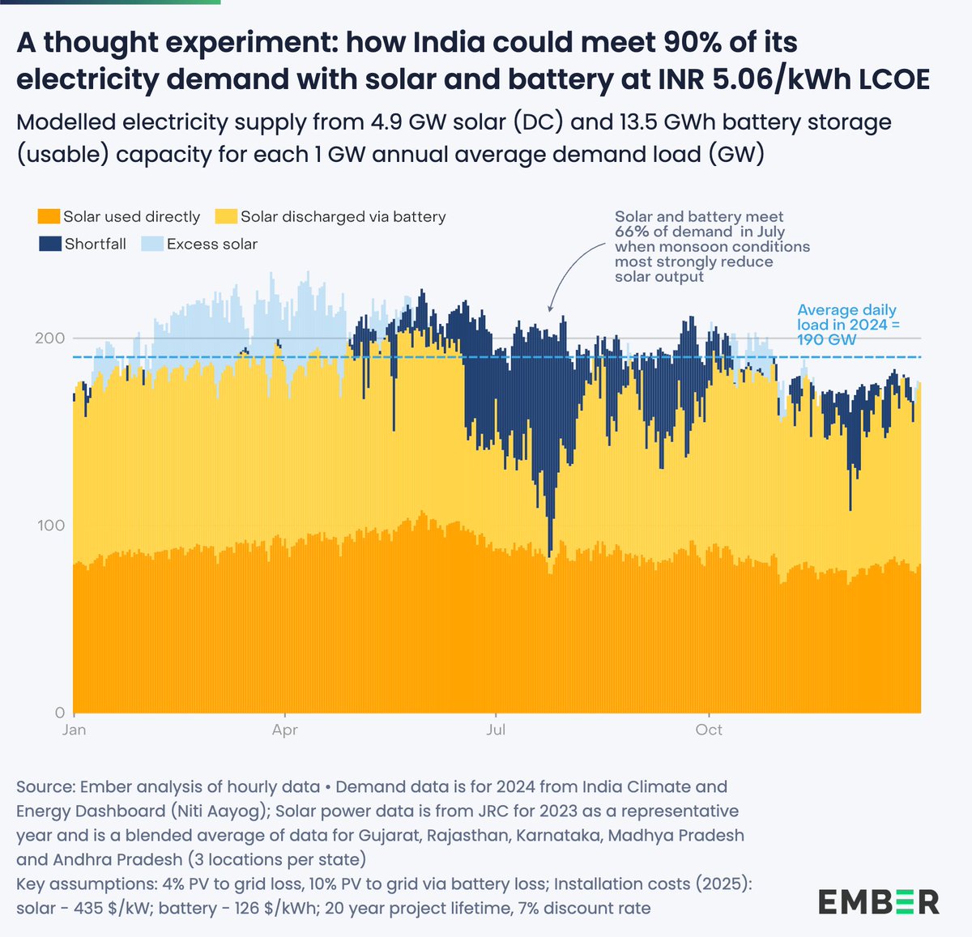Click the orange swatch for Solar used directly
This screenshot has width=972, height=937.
[x=49, y=217]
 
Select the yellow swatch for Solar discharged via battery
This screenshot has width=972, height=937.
[x=226, y=217]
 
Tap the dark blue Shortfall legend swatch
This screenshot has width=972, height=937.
[x=49, y=244]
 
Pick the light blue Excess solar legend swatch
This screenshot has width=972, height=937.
[x=152, y=244]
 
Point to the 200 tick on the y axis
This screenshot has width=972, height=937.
[x=49, y=338]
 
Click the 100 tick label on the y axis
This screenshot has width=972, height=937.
[x=49, y=526]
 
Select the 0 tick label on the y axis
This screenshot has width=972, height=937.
[x=60, y=713]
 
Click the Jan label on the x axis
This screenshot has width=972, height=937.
[x=74, y=730]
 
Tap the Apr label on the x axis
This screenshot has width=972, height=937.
[x=285, y=730]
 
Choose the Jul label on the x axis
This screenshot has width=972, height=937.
[x=496, y=730]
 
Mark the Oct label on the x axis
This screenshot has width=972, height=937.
[x=709, y=730]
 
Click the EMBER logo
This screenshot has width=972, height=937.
[x=879, y=901]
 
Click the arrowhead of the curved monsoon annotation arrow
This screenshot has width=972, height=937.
[x=550, y=309]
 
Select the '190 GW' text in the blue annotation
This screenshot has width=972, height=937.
[x=826, y=340]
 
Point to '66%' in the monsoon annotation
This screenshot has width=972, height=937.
[x=633, y=232]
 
